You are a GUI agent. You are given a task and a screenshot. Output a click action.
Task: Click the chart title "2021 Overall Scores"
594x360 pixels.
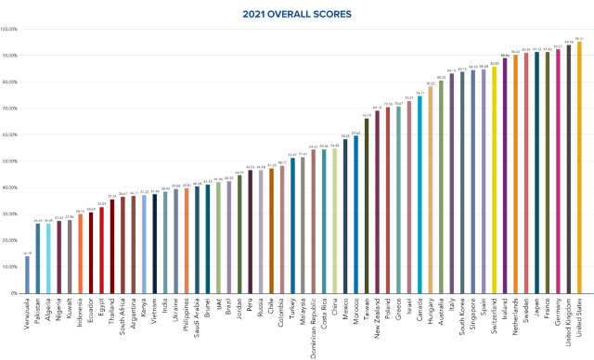(297, 14)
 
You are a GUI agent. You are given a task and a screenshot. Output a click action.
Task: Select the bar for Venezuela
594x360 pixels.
(28, 275)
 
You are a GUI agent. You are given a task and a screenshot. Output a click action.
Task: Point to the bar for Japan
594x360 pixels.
(536, 173)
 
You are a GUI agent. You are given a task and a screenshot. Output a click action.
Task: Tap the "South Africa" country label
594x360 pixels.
(123, 315)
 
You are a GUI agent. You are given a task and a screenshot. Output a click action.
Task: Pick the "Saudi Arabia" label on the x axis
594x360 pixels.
(197, 315)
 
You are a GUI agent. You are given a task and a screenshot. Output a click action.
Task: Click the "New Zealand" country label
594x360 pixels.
(377, 315)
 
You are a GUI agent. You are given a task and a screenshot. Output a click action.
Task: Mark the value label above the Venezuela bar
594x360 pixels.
(28, 253)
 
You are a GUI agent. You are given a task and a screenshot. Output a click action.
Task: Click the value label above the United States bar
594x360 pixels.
(580, 39)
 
